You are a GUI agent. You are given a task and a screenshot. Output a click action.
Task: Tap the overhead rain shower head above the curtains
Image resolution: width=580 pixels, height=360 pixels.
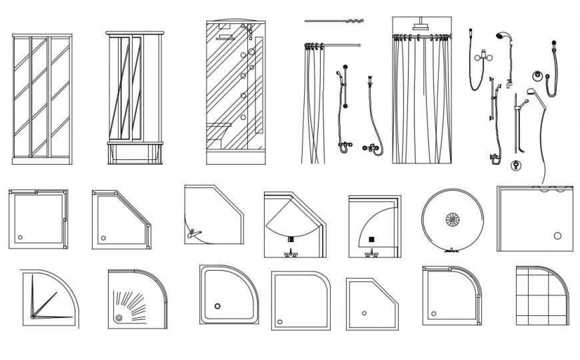pyautogui.click(x=421, y=27)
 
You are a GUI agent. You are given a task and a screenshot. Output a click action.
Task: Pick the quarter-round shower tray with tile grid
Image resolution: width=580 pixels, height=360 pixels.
pyautogui.click(x=542, y=295)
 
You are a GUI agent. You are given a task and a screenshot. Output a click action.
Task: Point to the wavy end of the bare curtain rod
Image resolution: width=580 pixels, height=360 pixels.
pyautogui.click(x=353, y=21)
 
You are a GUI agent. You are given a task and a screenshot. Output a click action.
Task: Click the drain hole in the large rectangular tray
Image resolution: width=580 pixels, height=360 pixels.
pyautogui.click(x=558, y=235)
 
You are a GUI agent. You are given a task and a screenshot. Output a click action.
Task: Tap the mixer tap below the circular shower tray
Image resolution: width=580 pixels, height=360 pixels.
pyautogui.click(x=452, y=251)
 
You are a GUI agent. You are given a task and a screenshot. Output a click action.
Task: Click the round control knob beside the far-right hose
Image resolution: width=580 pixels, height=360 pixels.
pyautogui.click(x=537, y=75)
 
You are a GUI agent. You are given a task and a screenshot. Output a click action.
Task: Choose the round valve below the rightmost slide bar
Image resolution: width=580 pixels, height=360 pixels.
pyautogui.click(x=515, y=165)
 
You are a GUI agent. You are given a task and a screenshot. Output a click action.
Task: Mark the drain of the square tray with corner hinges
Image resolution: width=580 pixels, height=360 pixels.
pyautogui.click(x=20, y=237)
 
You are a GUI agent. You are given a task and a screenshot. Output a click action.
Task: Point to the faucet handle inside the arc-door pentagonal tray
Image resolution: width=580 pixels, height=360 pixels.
pyautogui.click(x=193, y=232)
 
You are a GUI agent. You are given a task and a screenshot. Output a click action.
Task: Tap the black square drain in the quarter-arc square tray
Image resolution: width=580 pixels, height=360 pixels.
pyautogui.click(x=372, y=238)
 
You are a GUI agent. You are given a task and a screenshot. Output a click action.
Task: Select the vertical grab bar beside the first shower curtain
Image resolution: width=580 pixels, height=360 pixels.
pyautogui.click(x=345, y=87)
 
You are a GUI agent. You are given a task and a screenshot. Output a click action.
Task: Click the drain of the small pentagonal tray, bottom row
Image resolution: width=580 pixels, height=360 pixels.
pyautogui.click(x=363, y=313)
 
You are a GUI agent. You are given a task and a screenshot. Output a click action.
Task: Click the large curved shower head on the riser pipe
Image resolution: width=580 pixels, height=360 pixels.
pyautogui.click(x=502, y=37)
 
